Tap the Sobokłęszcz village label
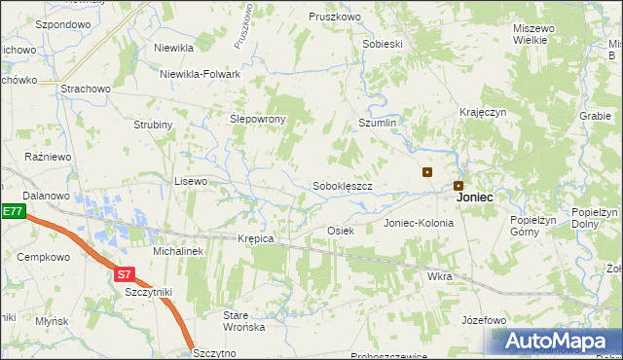click(343, 185)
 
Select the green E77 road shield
click(12, 211)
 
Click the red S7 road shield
click(124, 274)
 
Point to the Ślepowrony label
click(257, 119)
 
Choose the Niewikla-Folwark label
click(202, 73)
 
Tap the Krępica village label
click(256, 238)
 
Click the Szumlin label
click(378, 124)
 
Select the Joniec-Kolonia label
click(419, 223)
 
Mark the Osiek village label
click(340, 231)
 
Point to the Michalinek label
click(177, 251)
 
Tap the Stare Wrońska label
click(243, 321)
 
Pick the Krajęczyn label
click(484, 112)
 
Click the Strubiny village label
click(153, 125)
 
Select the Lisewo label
click(190, 181)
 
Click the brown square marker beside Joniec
click(458, 185)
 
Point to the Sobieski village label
click(383, 45)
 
